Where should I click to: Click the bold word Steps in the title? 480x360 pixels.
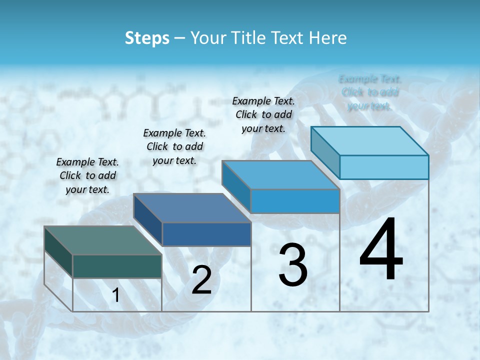pos(147,38)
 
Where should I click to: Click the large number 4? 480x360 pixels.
pos(381,250)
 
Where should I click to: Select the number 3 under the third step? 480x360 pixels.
pos(293,265)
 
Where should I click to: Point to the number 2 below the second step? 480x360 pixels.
pos(201,280)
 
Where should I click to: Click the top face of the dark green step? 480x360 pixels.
pos(102,240)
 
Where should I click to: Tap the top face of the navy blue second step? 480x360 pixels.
pos(191,208)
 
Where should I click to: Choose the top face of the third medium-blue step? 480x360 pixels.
pos(280,175)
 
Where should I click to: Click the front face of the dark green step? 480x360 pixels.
pos(117,266)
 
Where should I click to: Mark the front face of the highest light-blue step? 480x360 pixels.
pos(384,167)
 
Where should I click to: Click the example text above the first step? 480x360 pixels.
pos(87,175)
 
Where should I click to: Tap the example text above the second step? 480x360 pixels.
pos(174,146)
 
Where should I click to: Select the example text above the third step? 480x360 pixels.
pos(263,114)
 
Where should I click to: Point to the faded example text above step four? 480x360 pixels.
pos(370,92)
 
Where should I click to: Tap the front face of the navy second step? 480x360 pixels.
pos(206,234)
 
